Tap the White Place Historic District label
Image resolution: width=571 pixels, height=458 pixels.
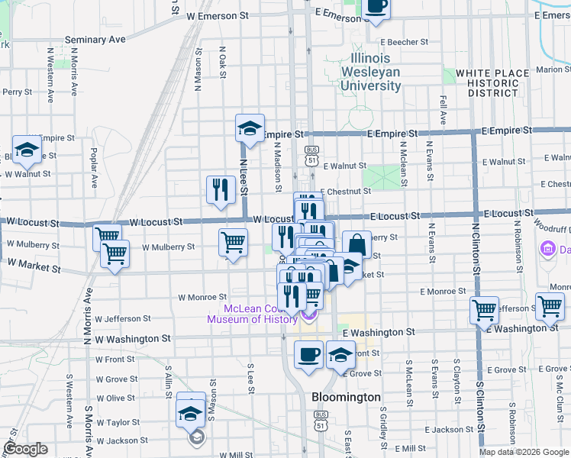point(492,82)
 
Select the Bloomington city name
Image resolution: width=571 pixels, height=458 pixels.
point(346,398)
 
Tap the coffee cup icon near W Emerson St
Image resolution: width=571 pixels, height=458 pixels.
point(375,6)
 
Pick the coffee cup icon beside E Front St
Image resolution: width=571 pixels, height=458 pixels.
point(308,355)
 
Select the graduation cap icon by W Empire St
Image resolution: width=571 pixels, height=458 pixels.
point(27,150)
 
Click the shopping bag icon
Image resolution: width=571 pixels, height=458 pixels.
point(356,245)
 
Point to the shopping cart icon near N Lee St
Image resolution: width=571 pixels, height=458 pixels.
point(233,243)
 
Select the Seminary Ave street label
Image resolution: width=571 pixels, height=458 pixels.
point(95,39)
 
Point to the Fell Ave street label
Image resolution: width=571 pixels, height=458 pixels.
point(443,110)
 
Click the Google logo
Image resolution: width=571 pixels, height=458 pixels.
point(25,449)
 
